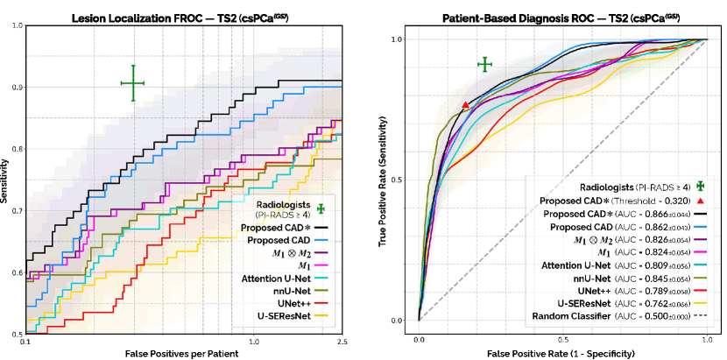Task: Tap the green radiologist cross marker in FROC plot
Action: tap(132, 83)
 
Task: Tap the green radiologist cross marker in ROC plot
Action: tap(484, 65)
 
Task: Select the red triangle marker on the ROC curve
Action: tap(465, 105)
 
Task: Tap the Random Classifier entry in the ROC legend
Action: tap(613, 315)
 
